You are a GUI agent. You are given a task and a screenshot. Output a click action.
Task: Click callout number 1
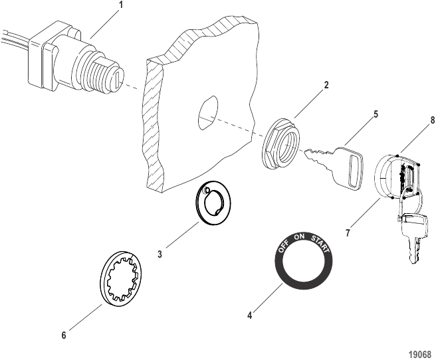click(121, 6)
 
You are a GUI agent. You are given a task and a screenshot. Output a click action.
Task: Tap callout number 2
click(326, 85)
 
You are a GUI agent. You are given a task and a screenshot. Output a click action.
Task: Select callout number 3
click(160, 254)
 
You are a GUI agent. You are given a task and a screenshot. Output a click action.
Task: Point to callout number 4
click(250, 315)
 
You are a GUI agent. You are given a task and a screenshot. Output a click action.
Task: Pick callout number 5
click(376, 114)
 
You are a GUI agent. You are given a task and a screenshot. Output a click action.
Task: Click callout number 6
click(64, 335)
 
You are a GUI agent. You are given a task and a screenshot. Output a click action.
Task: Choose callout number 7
click(348, 232)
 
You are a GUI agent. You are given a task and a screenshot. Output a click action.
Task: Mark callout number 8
click(432, 120)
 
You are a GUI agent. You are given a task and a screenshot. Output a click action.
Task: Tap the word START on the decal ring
click(320, 244)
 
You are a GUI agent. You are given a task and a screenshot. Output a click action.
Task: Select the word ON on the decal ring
click(300, 236)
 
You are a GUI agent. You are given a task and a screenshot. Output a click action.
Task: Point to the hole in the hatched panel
click(208, 112)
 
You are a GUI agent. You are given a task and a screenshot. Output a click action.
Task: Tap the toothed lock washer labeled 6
click(121, 278)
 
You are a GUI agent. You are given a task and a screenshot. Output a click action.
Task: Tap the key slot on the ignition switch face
click(118, 78)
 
